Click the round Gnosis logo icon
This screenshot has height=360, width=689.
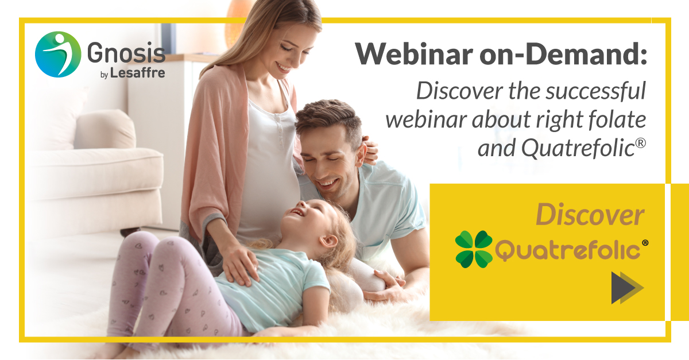[57, 55]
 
